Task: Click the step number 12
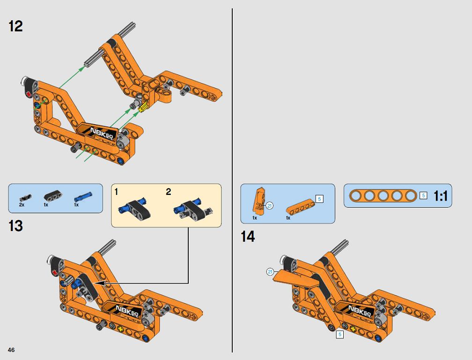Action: pos(15,26)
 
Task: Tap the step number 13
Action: pos(15,226)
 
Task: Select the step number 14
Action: pos(247,237)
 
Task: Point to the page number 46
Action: pos(11,350)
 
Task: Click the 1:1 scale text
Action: pos(440,196)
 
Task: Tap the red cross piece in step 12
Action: pos(29,94)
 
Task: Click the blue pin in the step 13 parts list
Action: pos(83,197)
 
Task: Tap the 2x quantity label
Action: pos(22,204)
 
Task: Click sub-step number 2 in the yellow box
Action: pos(169,192)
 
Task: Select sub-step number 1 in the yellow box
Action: pos(117,192)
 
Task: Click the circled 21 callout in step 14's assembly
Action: pos(270,272)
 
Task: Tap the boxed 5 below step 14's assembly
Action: pos(340,334)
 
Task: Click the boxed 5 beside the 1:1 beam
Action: pos(423,195)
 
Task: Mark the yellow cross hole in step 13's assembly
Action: pos(121,329)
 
